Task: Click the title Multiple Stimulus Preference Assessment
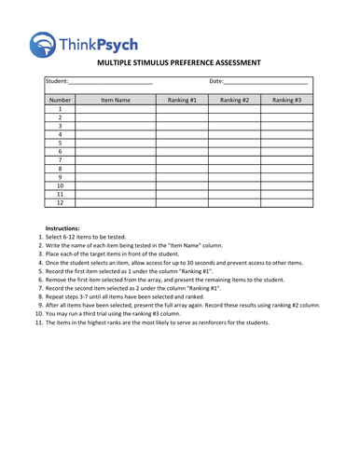pos(179,63)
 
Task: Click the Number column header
pos(60,99)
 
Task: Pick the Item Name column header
pos(116,99)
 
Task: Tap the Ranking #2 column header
pos(234,99)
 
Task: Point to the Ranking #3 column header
pos(286,99)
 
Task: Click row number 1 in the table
pos(60,109)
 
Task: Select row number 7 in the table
pos(60,159)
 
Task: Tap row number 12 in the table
pos(60,201)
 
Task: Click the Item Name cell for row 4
pos(116,134)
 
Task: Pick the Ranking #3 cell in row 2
pos(286,117)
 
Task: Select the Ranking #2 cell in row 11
pos(234,193)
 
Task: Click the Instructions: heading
pos(62,228)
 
